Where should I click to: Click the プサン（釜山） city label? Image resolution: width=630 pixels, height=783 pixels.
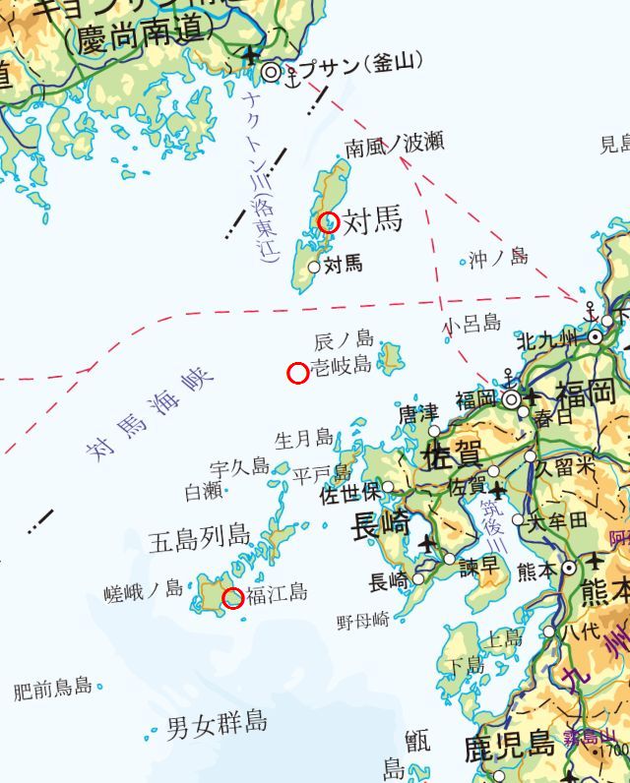tap(359, 65)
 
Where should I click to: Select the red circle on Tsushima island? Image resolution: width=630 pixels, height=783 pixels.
tap(329, 222)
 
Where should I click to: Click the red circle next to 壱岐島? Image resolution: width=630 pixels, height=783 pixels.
tap(297, 373)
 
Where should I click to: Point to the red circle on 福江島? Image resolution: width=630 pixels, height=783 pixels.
tap(233, 598)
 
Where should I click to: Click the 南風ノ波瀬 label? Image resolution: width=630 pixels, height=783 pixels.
tap(394, 146)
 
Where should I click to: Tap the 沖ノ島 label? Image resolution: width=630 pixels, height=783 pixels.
tap(497, 259)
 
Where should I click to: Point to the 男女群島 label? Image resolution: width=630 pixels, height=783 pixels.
tap(217, 724)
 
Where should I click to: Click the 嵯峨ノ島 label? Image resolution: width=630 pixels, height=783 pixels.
tap(144, 590)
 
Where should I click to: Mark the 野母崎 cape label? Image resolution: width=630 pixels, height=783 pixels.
tap(363, 621)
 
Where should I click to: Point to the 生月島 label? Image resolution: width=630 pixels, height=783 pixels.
tap(303, 439)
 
